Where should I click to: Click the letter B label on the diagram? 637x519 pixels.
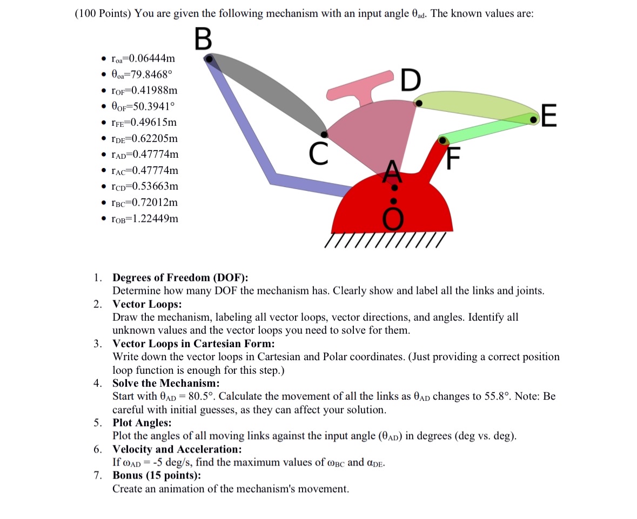click(x=203, y=38)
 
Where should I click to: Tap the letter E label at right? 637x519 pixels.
click(x=549, y=116)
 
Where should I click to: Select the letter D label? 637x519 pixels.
click(x=411, y=80)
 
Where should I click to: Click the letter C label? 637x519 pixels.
click(x=319, y=154)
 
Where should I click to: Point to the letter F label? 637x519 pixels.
click(x=453, y=158)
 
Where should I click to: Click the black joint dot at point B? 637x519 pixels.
click(x=209, y=59)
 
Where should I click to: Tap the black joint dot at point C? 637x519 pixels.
click(x=324, y=134)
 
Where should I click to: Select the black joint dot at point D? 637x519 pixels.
click(x=419, y=104)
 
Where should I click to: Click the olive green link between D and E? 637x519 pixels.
click(x=476, y=106)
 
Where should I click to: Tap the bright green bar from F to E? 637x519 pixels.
click(x=487, y=129)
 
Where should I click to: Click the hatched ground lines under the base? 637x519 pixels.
click(x=385, y=240)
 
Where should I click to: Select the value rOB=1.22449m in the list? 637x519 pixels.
click(x=145, y=219)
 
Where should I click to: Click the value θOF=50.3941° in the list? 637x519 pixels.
click(x=143, y=106)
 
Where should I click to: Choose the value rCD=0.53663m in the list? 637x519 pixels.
click(x=145, y=186)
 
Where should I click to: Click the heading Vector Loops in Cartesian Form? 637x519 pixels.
click(x=193, y=343)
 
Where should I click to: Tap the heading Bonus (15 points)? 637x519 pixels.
click(x=157, y=475)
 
